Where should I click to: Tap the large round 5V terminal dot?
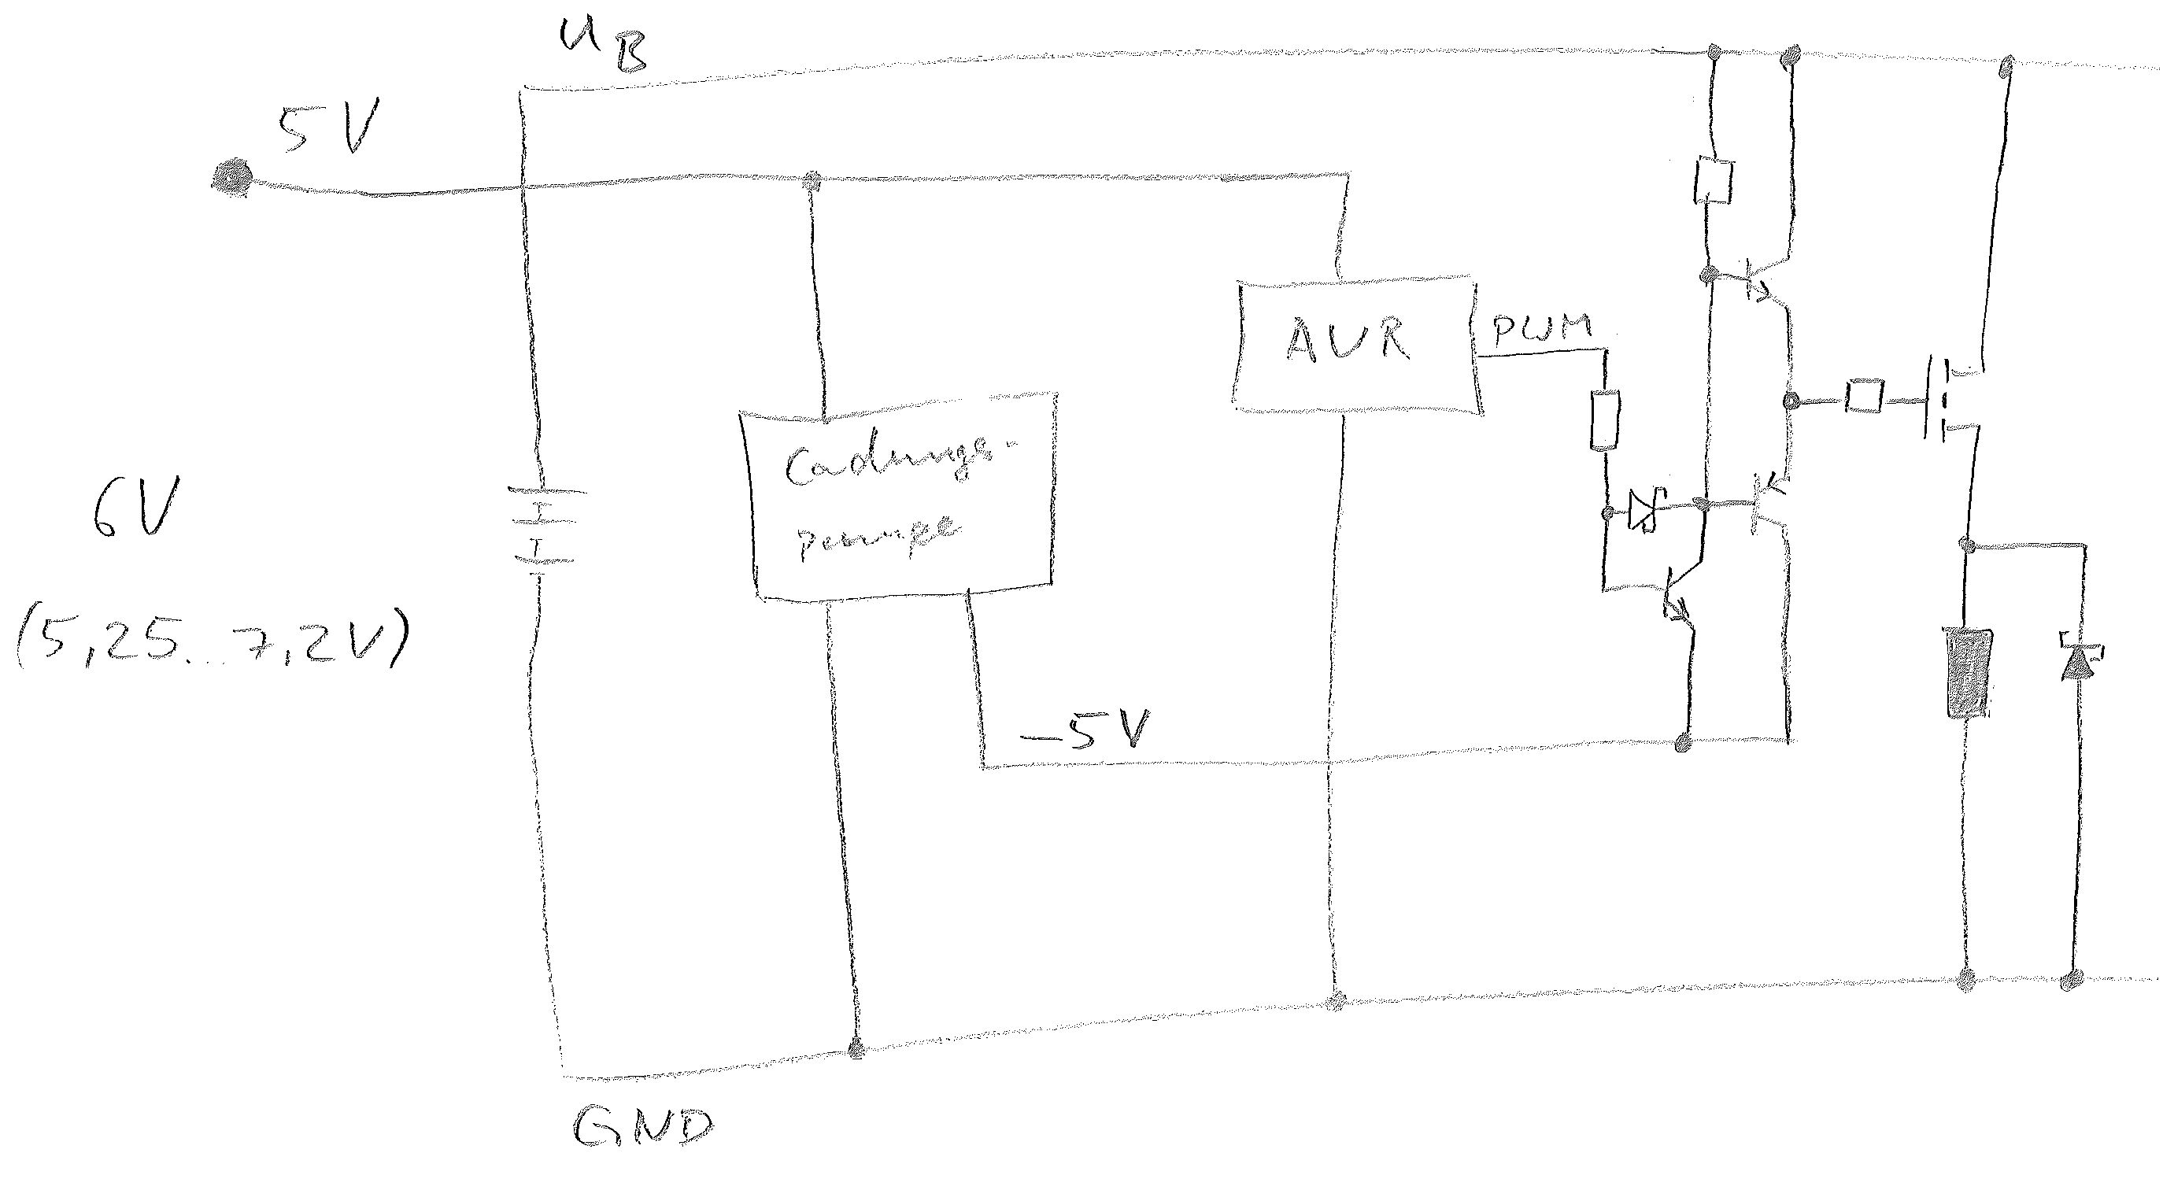[x=231, y=177]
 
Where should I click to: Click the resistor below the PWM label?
[x=1606, y=420]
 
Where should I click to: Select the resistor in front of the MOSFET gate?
[x=1863, y=396]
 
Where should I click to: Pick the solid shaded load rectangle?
[x=1965, y=684]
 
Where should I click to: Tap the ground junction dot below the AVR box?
[x=1337, y=1000]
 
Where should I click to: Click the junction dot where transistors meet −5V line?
[x=1683, y=742]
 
